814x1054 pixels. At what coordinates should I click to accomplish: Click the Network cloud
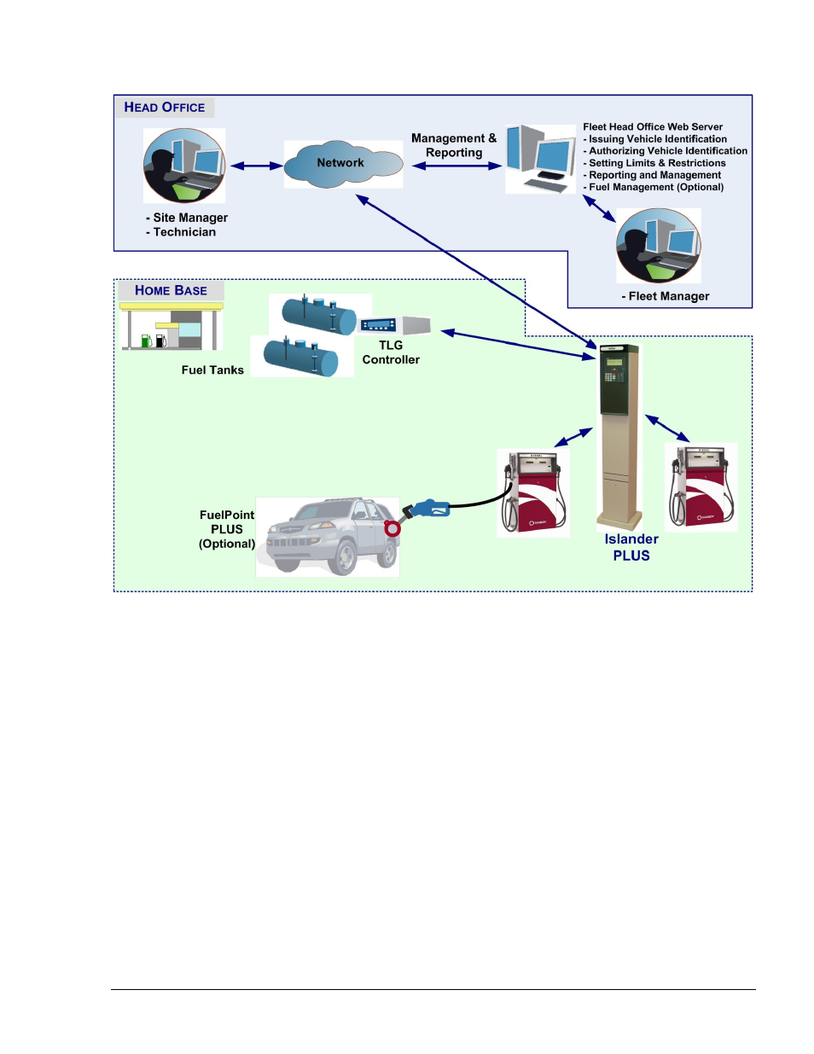tap(343, 164)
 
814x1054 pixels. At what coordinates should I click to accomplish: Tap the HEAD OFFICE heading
tap(165, 108)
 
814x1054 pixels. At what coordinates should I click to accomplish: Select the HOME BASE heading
tap(171, 290)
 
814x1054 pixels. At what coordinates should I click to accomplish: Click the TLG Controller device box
tap(394, 324)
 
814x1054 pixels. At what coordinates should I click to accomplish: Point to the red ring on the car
tap(392, 527)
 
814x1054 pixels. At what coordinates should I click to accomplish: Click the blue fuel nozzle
tap(427, 510)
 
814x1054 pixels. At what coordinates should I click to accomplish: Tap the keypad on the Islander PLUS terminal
tap(613, 376)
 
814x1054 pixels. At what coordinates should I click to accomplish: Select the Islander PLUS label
tap(631, 547)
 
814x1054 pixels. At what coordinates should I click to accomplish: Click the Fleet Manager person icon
tap(659, 246)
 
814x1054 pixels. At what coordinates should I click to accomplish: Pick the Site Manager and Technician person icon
tap(184, 166)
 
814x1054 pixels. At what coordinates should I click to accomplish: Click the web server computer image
tap(541, 159)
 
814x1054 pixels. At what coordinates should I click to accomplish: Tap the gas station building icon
tap(172, 326)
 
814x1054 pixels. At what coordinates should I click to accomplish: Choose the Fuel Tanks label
tap(212, 370)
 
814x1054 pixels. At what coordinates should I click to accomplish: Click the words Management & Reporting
tap(454, 145)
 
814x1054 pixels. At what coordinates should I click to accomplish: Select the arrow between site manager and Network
tap(257, 166)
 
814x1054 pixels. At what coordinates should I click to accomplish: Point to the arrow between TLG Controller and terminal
tap(518, 345)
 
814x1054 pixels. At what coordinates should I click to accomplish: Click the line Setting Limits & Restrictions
tap(654, 163)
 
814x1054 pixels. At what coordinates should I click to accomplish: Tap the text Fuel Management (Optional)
tap(654, 187)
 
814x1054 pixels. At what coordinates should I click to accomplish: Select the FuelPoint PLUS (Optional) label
tap(227, 529)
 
